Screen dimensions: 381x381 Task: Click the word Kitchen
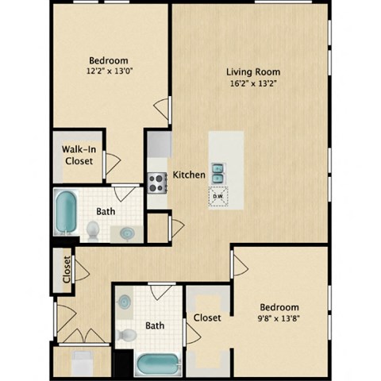(189, 175)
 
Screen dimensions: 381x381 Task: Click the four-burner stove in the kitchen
(156, 183)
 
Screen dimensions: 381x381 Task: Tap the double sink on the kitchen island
(219, 172)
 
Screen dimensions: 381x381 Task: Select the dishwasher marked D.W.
(218, 195)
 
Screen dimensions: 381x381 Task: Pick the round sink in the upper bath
(127, 233)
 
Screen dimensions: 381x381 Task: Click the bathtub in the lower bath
(158, 364)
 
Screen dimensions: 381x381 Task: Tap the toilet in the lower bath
(125, 334)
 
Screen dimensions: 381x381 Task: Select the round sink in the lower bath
(125, 302)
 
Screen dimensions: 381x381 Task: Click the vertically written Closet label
(67, 269)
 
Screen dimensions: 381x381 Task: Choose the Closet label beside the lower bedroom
(207, 317)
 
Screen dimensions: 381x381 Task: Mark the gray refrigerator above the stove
(159, 144)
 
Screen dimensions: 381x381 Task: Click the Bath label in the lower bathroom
(156, 325)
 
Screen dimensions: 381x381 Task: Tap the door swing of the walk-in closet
(112, 164)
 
